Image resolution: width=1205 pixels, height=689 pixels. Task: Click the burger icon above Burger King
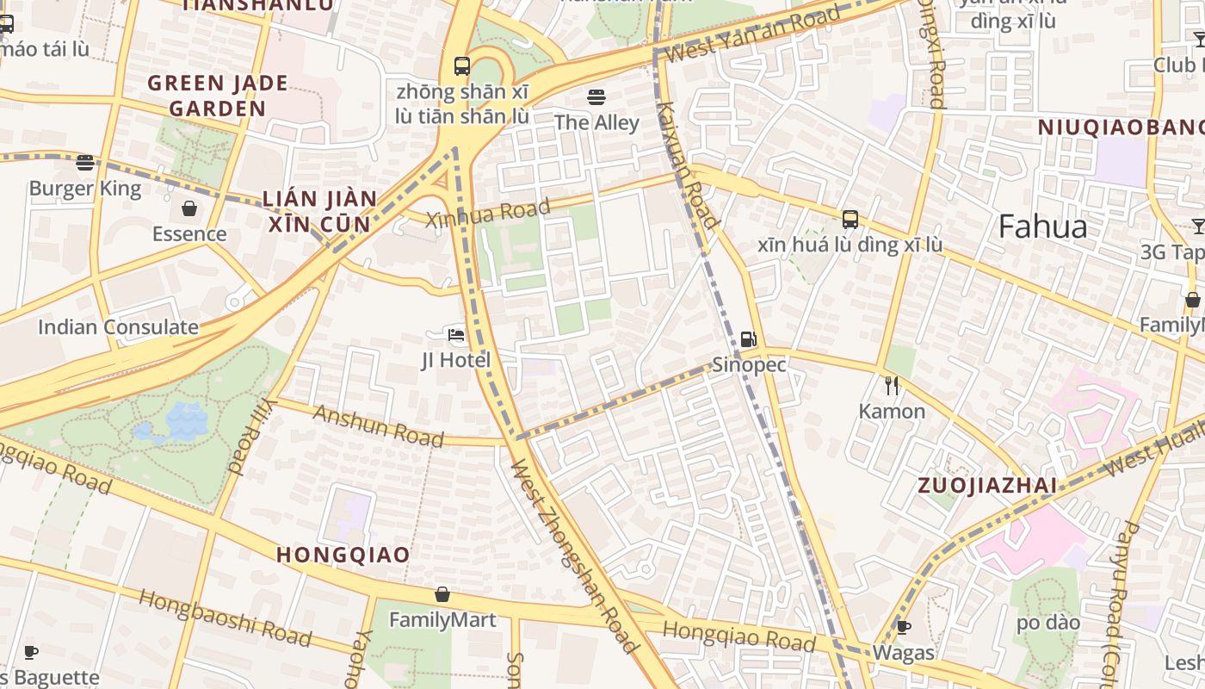[84, 162]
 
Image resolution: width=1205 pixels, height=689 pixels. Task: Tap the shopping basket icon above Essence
[188, 208]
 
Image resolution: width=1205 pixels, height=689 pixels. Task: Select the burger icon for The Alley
[596, 96]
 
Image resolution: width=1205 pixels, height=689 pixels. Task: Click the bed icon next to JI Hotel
[456, 334]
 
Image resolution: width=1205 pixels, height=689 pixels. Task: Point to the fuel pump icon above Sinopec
[749, 339]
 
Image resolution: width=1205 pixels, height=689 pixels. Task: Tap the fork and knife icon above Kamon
[892, 385]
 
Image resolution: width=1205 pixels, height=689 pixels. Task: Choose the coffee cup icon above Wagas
[903, 626]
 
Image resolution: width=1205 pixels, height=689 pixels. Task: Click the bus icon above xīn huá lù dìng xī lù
[850, 219]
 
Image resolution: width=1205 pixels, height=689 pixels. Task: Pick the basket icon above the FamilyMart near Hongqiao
[442, 594]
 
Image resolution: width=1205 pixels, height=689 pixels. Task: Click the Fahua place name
[1043, 227]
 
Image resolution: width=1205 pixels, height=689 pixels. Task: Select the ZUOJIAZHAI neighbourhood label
[987, 485]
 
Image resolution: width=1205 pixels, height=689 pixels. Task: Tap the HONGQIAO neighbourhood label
[343, 555]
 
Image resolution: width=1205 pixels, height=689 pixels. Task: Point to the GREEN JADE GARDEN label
[218, 96]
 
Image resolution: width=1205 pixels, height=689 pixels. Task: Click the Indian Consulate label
[118, 327]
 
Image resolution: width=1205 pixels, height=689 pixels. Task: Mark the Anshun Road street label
[378, 425]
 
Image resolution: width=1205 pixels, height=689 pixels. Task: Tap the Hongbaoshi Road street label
[225, 618]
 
